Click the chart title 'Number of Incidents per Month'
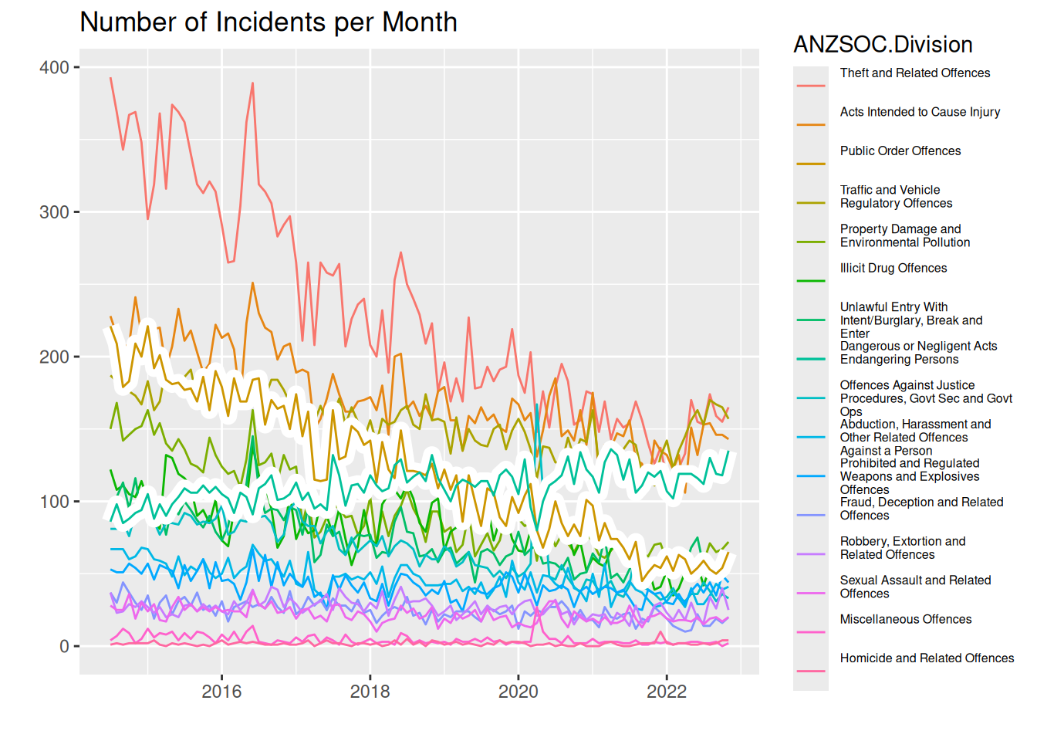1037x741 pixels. click(x=269, y=22)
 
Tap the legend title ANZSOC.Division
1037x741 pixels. click(x=883, y=45)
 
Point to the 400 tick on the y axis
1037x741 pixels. click(x=54, y=68)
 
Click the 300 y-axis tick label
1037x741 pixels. click(x=54, y=212)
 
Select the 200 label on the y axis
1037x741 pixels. click(x=54, y=357)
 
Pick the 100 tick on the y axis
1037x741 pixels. click(x=54, y=502)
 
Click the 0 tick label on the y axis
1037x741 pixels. click(x=65, y=647)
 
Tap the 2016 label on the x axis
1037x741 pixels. click(x=222, y=692)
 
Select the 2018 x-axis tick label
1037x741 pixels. click(x=370, y=692)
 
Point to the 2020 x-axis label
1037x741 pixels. click(x=518, y=692)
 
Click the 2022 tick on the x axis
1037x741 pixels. click(x=667, y=692)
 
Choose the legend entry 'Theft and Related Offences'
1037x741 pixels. click(x=915, y=73)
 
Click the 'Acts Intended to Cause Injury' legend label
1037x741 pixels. click(x=920, y=112)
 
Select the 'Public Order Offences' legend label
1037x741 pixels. click(x=900, y=151)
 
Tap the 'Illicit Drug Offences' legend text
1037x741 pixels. click(x=893, y=269)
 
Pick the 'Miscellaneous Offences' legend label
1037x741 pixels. click(x=906, y=620)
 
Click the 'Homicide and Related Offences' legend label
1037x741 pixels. click(x=927, y=658)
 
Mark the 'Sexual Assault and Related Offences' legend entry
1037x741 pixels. click(x=915, y=587)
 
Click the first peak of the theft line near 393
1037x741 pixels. click(x=111, y=78)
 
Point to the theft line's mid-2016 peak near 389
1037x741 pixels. click(x=252, y=83)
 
